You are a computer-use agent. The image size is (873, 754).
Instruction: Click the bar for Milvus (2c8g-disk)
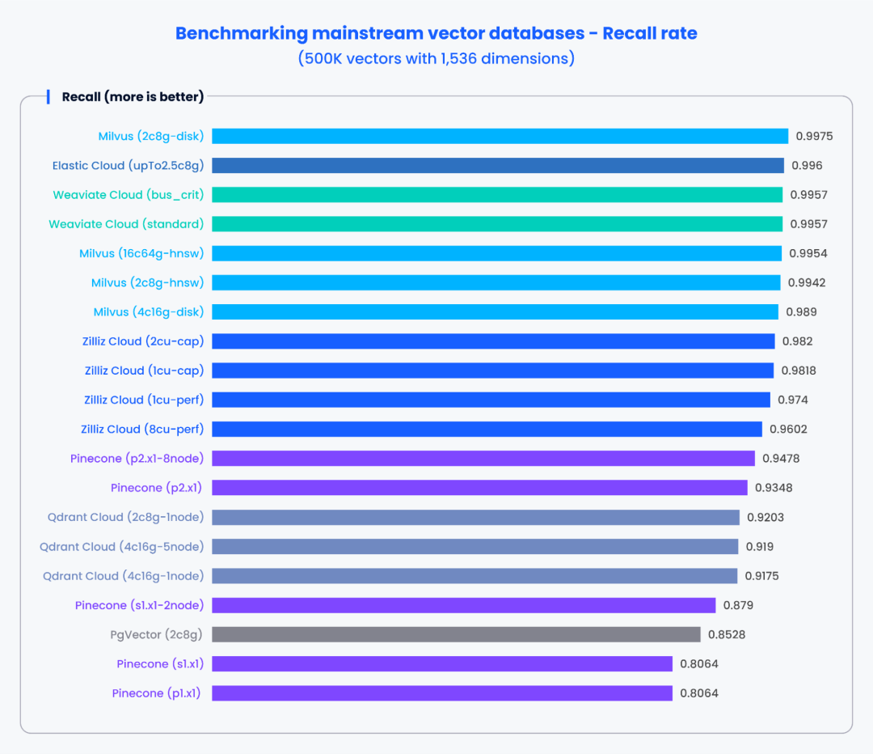click(x=500, y=136)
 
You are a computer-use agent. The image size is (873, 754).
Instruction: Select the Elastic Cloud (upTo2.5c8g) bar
click(x=498, y=165)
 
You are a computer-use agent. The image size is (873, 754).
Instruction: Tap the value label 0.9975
click(x=814, y=136)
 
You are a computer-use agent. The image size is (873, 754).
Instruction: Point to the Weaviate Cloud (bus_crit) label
click(x=128, y=195)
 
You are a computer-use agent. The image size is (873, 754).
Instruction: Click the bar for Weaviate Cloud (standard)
click(x=497, y=224)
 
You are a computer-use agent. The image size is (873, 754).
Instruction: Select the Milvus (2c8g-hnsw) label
click(x=147, y=282)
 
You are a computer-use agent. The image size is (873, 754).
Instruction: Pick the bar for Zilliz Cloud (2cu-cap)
click(x=493, y=341)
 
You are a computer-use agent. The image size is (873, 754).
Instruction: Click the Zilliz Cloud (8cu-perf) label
click(x=142, y=429)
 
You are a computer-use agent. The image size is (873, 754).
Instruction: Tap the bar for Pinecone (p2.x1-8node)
click(x=483, y=458)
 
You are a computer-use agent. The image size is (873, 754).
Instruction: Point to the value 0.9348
click(x=773, y=488)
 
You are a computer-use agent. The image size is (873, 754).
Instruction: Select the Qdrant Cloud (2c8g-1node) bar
click(x=475, y=517)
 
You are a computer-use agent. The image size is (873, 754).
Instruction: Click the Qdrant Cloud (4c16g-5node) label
click(x=121, y=547)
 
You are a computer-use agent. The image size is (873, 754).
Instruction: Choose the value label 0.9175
click(x=762, y=576)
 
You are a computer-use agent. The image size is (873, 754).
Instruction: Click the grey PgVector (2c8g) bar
click(x=456, y=634)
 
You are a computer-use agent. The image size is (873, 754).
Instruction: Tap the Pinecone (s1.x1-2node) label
click(x=139, y=605)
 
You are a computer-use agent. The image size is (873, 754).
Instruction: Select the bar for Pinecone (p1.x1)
click(x=442, y=693)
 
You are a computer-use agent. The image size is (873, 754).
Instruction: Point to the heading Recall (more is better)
click(x=133, y=97)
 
